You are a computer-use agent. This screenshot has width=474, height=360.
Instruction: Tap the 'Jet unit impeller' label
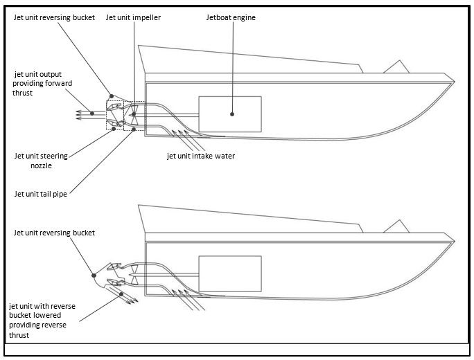pos(133,17)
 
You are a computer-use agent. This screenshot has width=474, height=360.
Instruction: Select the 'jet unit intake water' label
pos(201,156)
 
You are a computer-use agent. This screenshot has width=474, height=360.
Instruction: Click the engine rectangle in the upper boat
pos(229,114)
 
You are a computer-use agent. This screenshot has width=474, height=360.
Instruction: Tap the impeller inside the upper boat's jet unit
pos(134,114)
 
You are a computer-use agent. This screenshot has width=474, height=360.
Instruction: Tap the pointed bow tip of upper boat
pos(455,82)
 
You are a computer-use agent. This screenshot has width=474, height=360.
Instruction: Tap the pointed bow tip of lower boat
pos(455,242)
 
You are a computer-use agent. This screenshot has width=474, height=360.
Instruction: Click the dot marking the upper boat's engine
pos(231,114)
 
